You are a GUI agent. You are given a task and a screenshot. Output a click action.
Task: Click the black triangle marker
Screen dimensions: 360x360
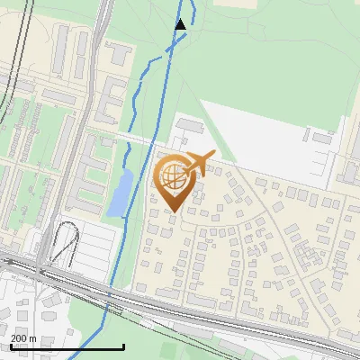181,24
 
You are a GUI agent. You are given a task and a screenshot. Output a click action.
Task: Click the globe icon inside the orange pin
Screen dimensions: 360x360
172,176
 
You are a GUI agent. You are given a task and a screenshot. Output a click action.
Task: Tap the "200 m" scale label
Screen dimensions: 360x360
24,338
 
